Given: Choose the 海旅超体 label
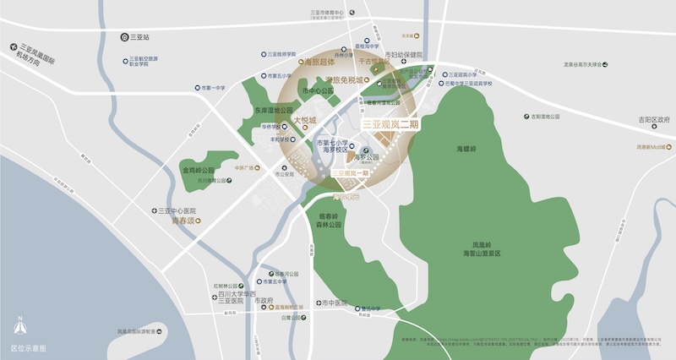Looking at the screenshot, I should pos(320,63).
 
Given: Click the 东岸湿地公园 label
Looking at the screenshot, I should pos(273,111).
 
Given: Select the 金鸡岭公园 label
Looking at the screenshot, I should pos(199,169).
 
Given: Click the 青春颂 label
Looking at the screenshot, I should pos(182,221).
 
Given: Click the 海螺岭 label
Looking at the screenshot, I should pos(467,148).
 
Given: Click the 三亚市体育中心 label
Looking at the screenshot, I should pos(326,14).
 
